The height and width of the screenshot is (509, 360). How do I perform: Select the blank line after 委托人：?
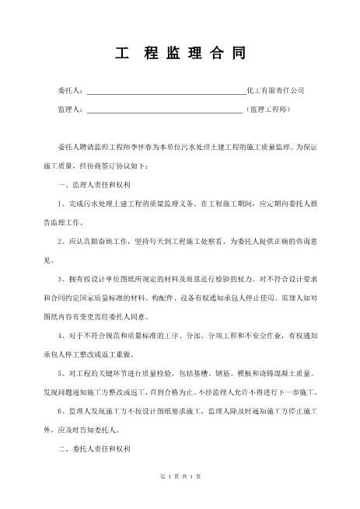pyautogui.click(x=165, y=92)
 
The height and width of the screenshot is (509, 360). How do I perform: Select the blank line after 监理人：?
pyautogui.click(x=164, y=111)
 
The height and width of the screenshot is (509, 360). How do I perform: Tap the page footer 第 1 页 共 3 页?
pyautogui.click(x=180, y=497)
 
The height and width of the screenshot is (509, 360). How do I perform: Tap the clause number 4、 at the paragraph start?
pyautogui.click(x=63, y=336)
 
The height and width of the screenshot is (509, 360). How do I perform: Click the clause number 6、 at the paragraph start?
pyautogui.click(x=63, y=410)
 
